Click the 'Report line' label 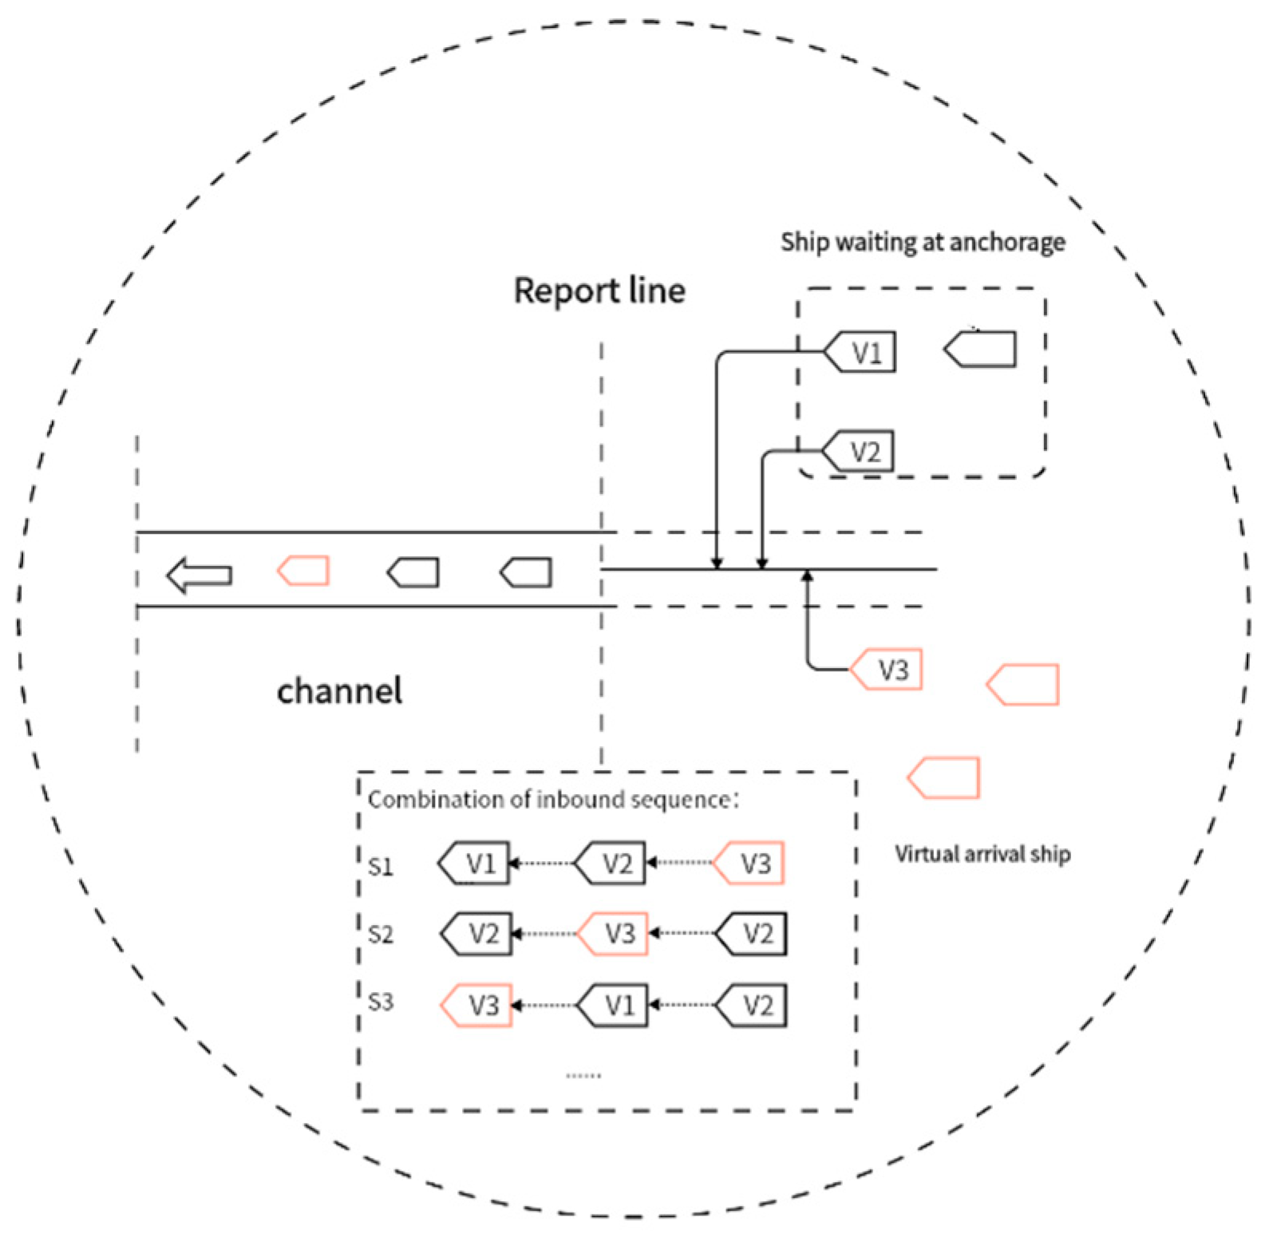point(599,291)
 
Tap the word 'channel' point(339,691)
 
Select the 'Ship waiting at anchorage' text point(923,242)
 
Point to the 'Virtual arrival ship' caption point(982,855)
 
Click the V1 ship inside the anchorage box point(860,352)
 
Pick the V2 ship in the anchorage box point(859,452)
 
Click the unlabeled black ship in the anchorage point(981,350)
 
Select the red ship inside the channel point(304,571)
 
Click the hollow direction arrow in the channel point(200,575)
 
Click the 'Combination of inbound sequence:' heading point(553,800)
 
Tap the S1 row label point(381,867)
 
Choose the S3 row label point(381,1002)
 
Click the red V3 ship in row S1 point(749,864)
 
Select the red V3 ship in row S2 point(614,934)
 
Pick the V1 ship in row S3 point(614,1005)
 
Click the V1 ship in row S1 point(476,864)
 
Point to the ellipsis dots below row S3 point(583,1076)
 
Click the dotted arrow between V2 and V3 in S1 point(680,863)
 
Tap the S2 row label point(381,935)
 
